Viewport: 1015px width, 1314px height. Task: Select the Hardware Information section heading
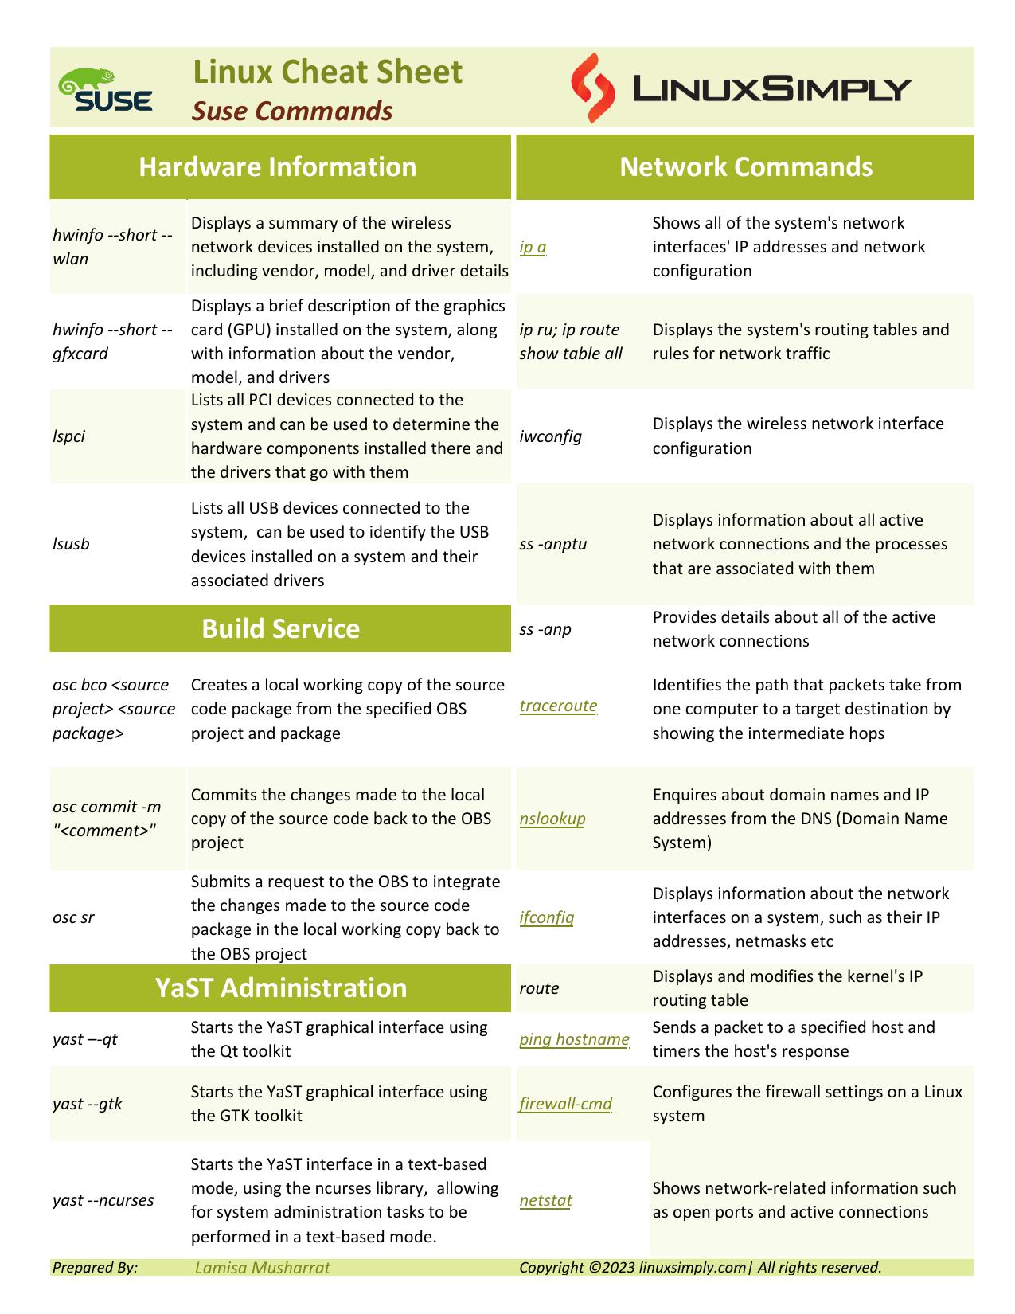tap(278, 167)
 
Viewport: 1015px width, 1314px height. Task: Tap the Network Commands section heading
tap(746, 167)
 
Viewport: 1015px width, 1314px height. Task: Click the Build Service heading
tap(280, 629)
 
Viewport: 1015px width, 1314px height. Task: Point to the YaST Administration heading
tap(280, 987)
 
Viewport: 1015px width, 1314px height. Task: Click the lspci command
tap(69, 436)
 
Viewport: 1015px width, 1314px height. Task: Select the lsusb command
tap(71, 544)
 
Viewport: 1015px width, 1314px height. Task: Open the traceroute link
tap(558, 706)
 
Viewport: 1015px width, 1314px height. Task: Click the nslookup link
tap(552, 819)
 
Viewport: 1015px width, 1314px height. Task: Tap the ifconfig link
tap(546, 917)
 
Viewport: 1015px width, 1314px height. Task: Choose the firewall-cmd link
tap(565, 1104)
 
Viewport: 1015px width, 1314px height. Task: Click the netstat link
tap(545, 1200)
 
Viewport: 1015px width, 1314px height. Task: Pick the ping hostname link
tap(574, 1039)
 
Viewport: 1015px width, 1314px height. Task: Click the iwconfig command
tap(550, 436)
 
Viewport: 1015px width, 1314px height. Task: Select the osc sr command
tap(73, 917)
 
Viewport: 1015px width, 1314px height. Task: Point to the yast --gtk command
tap(88, 1104)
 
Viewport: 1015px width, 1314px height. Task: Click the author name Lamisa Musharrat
tap(262, 1268)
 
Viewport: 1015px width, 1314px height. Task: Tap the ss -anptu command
tap(552, 544)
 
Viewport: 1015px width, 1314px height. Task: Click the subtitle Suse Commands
tap(292, 111)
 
